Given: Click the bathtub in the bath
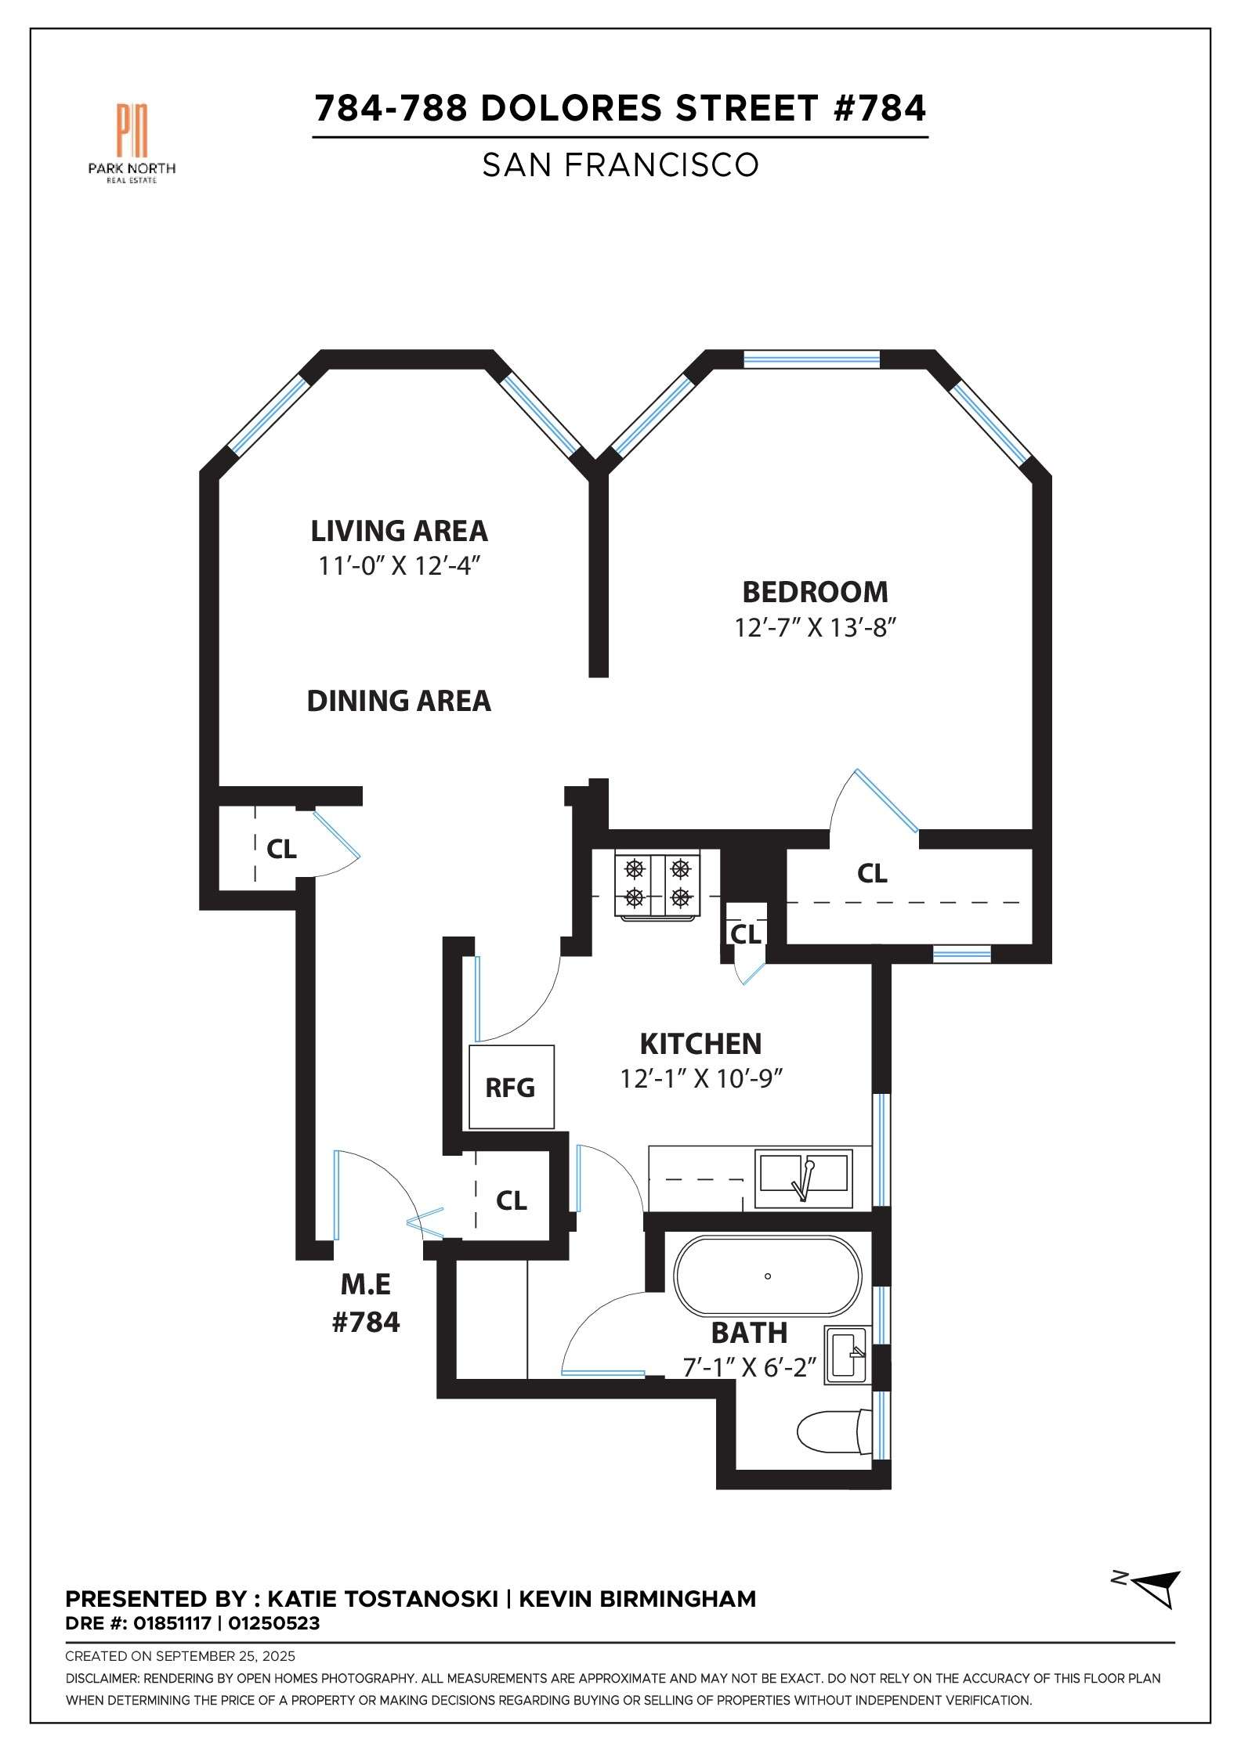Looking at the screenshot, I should click(x=768, y=1276).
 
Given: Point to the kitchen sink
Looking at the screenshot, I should click(x=803, y=1178).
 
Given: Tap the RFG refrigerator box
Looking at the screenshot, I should click(x=511, y=1087).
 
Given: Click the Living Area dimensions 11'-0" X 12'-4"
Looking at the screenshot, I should click(x=398, y=565).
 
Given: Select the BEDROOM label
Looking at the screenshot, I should click(x=815, y=592).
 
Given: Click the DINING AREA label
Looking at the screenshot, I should click(x=398, y=701).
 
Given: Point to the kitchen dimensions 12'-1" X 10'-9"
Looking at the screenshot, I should click(x=701, y=1079).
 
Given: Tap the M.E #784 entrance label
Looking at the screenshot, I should click(x=366, y=1303).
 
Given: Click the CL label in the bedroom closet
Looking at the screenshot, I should click(x=872, y=873).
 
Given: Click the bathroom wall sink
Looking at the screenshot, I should click(x=847, y=1355).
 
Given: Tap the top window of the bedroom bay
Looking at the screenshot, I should click(x=811, y=359).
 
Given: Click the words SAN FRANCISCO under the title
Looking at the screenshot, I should click(x=620, y=165).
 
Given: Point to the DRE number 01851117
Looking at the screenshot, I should click(x=172, y=1623).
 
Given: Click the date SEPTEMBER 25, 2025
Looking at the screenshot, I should click(x=226, y=1656).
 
